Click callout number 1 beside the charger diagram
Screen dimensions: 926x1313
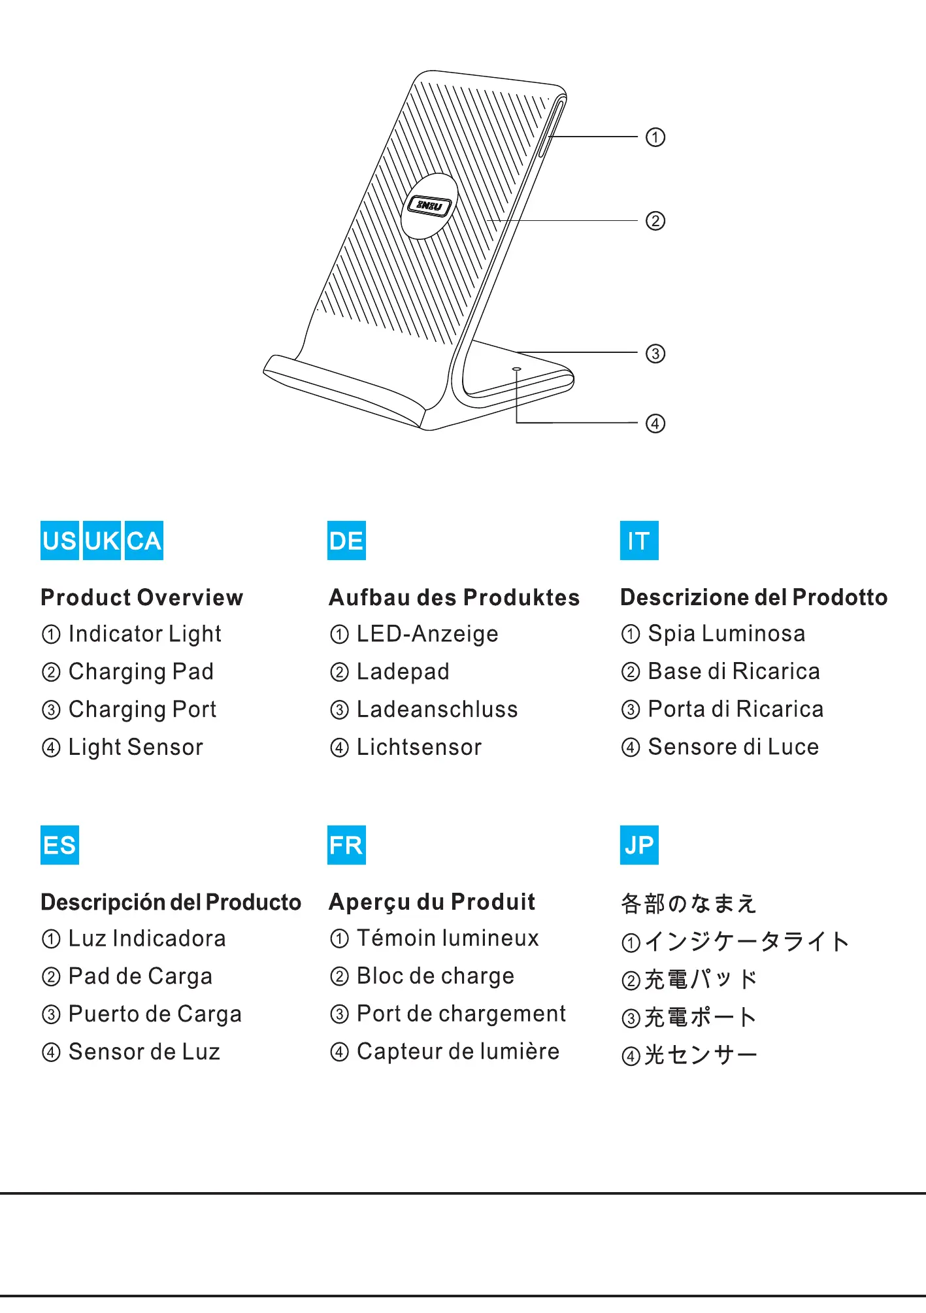tap(655, 137)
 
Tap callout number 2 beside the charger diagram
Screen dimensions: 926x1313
tap(655, 221)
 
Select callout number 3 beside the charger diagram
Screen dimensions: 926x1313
tap(655, 354)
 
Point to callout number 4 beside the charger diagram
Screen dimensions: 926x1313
tap(655, 424)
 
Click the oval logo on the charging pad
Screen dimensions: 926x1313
tap(429, 206)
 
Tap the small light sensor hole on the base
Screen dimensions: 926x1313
tap(516, 369)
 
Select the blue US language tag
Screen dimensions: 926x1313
tap(59, 540)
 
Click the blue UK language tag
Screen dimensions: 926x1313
tap(102, 540)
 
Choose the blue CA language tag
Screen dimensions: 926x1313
tap(144, 540)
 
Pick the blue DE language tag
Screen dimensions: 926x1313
tap(346, 540)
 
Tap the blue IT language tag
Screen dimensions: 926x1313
tap(638, 540)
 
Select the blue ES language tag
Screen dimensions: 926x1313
tap(59, 845)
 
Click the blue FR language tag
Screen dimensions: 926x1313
tap(346, 845)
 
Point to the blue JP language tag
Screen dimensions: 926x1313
tap(638, 845)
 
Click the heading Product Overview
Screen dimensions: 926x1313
tap(142, 597)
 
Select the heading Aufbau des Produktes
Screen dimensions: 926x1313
tap(454, 597)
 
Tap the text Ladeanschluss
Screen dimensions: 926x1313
tap(437, 709)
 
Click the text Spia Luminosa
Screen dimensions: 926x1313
tap(726, 633)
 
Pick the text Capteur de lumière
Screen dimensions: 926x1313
tap(457, 1051)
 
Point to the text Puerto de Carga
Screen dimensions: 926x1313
tap(155, 1014)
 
